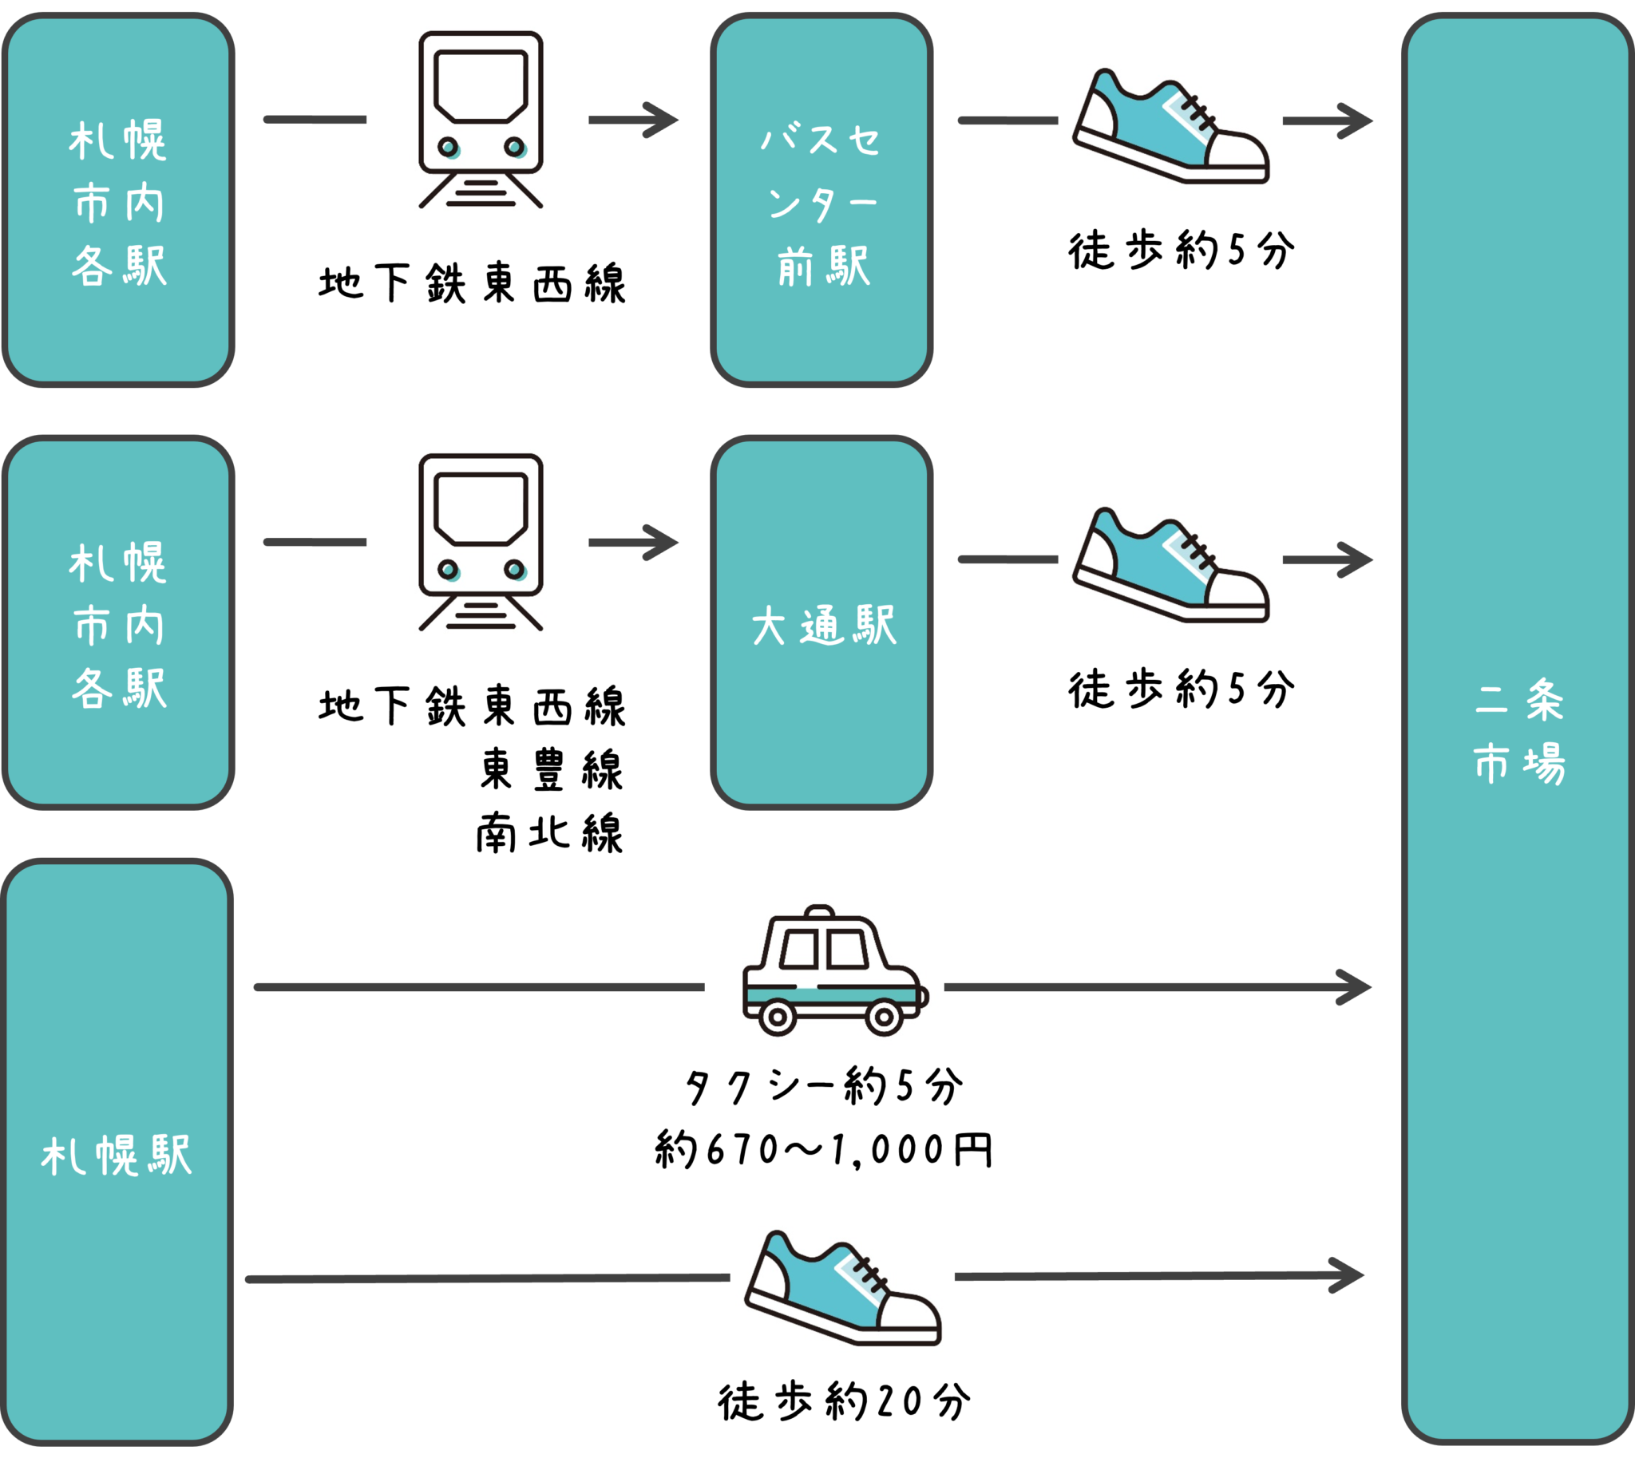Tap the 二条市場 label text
(1518, 731)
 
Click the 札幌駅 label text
(117, 1156)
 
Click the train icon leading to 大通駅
(480, 542)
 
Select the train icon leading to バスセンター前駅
(480, 121)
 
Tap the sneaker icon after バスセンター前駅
(1170, 122)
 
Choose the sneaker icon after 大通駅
(1170, 561)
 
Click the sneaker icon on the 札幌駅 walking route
(842, 1285)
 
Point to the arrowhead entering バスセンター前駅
(662, 121)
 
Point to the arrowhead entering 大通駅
(662, 543)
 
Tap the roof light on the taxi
(820, 911)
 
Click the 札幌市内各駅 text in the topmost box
(119, 203)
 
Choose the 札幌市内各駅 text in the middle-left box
(119, 625)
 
